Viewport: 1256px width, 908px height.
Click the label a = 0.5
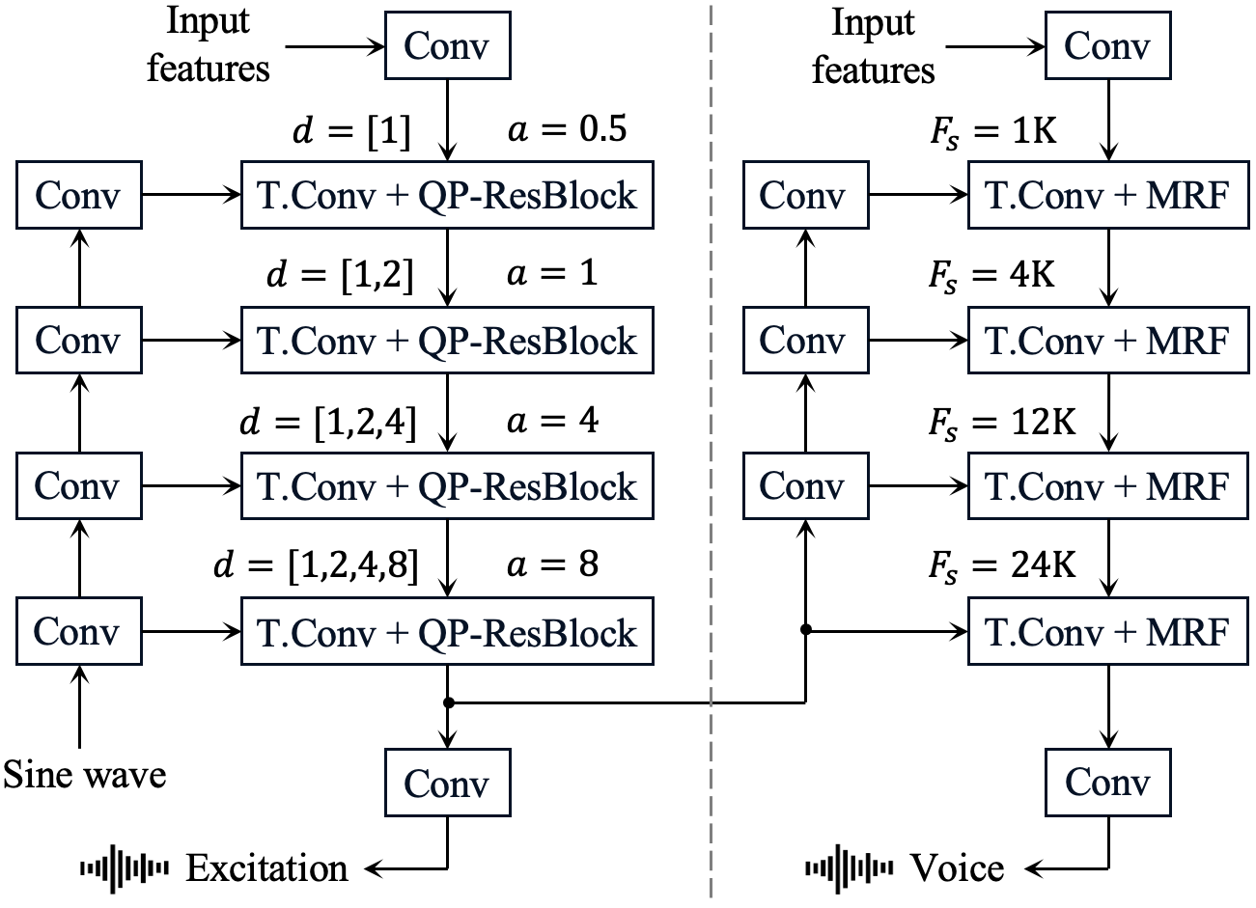pyautogui.click(x=568, y=129)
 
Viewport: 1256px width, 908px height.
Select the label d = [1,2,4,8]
pyautogui.click(x=316, y=565)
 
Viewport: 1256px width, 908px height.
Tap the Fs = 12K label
pyautogui.click(x=1002, y=423)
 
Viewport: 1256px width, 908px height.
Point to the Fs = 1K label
pyautogui.click(x=993, y=130)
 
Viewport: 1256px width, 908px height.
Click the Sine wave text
pyautogui.click(x=85, y=774)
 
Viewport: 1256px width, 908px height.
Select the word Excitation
pyautogui.click(x=266, y=868)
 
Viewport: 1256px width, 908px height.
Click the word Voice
pyautogui.click(x=957, y=868)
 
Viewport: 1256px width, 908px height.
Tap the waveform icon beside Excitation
pyautogui.click(x=125, y=868)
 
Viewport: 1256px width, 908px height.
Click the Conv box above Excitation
pyautogui.click(x=447, y=783)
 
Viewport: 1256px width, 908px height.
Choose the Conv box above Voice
pyautogui.click(x=1107, y=782)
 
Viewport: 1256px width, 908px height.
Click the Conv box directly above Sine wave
pyautogui.click(x=77, y=632)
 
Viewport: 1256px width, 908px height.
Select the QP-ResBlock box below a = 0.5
pyautogui.click(x=447, y=196)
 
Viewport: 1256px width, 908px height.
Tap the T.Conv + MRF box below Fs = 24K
pyautogui.click(x=1107, y=632)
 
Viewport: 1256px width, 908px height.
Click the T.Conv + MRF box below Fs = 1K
pyautogui.click(x=1107, y=196)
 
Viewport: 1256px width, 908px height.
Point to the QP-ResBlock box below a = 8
pyautogui.click(x=447, y=632)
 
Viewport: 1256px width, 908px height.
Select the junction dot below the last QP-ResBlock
pyautogui.click(x=448, y=702)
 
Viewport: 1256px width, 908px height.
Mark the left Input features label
pyautogui.click(x=209, y=44)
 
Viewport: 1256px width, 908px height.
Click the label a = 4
pyautogui.click(x=552, y=422)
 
